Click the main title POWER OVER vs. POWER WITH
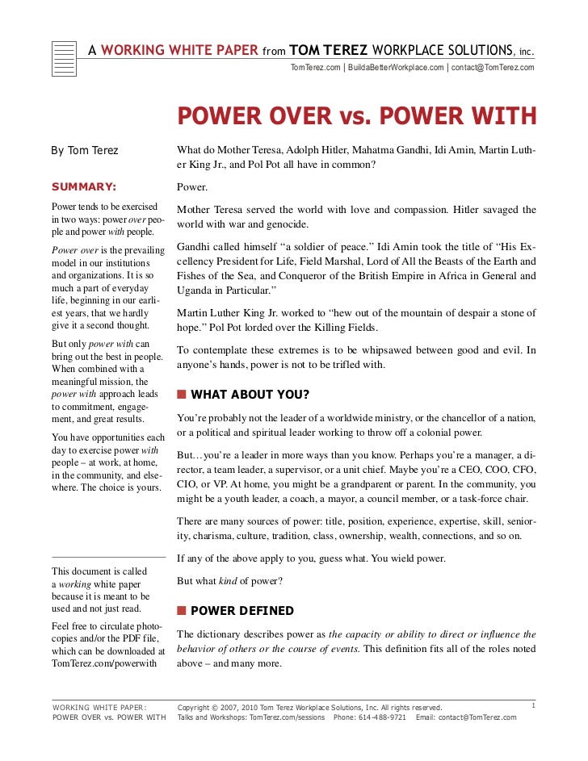pos(356,117)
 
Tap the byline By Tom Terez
pos(85,151)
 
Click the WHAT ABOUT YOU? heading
pos(250,395)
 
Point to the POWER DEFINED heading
pos(242,611)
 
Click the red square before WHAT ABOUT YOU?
pos(182,395)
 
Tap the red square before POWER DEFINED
pos(182,611)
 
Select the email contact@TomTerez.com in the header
pos(493,67)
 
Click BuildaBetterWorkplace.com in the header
pos(395,67)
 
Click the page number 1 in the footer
pos(534,706)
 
